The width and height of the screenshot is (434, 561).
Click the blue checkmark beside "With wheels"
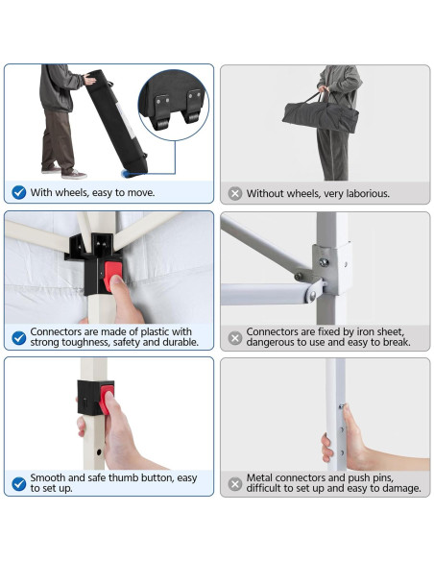point(18,192)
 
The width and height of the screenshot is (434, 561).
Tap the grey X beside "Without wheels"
point(235,193)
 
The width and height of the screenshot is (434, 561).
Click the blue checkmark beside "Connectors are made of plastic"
point(18,338)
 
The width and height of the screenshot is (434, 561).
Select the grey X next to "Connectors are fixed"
point(235,338)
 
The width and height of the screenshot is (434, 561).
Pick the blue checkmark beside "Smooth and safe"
point(18,484)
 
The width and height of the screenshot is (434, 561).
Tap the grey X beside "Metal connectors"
point(235,484)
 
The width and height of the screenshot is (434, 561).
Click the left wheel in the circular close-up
point(162,123)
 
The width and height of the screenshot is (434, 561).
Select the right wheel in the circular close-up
point(193,116)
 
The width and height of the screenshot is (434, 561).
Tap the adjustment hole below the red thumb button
point(99,452)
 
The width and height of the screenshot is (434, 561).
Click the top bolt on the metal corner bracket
point(324,262)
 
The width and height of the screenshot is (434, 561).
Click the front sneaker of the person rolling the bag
point(74,175)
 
